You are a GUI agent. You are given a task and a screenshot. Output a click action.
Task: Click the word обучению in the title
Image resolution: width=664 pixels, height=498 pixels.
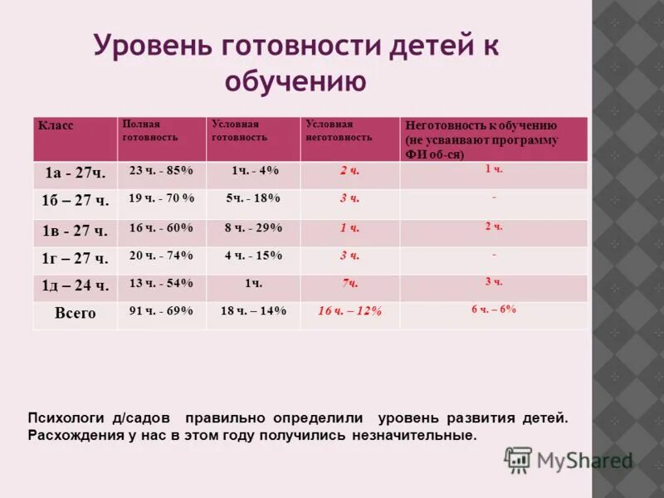(x=295, y=81)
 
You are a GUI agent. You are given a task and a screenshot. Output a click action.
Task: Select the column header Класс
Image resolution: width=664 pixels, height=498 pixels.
(x=56, y=125)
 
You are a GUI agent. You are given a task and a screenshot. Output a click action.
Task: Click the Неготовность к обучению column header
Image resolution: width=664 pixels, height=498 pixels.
(x=481, y=139)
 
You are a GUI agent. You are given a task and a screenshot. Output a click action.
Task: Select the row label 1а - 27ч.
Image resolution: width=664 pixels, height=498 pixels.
(x=75, y=173)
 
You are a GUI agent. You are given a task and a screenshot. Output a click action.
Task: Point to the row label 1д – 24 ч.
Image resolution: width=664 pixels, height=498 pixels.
(x=75, y=286)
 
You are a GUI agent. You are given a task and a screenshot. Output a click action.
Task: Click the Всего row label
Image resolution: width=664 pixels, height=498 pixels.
(x=75, y=314)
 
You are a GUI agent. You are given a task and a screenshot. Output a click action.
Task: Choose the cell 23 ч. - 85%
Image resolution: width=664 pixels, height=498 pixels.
(x=161, y=171)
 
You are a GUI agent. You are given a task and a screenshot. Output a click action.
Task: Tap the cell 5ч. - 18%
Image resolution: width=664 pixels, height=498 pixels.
(x=253, y=199)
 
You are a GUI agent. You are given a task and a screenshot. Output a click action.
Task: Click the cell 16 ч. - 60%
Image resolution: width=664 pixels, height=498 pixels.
(x=161, y=228)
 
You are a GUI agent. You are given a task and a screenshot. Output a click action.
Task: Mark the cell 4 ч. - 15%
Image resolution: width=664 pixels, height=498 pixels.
(x=253, y=256)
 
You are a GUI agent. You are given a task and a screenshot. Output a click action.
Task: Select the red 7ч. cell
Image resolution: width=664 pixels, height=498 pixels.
(x=349, y=284)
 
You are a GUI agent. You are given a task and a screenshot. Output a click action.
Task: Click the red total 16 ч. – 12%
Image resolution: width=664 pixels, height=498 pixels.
(x=349, y=311)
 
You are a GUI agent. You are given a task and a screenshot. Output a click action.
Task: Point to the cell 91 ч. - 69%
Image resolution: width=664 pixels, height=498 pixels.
(x=161, y=311)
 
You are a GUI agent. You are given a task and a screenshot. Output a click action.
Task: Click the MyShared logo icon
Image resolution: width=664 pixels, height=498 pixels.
(x=518, y=459)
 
